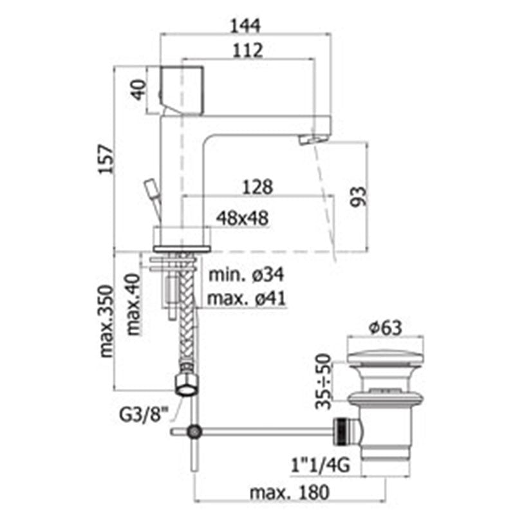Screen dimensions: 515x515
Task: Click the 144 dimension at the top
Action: (245, 26)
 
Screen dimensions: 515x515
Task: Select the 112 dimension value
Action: (248, 50)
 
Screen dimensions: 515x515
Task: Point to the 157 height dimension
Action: (106, 159)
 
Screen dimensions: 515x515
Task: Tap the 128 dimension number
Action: (257, 187)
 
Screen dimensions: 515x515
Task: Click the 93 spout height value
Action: (359, 197)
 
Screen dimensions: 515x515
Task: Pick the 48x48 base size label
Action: (243, 218)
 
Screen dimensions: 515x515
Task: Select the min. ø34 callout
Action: (246, 275)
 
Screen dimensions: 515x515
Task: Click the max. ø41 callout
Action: (247, 299)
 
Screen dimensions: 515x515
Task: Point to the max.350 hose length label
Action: (106, 321)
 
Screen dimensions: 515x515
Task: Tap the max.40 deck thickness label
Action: (133, 304)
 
